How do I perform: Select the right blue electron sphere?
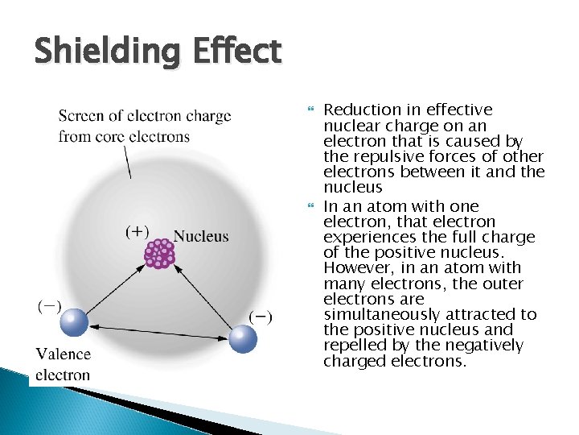pyautogui.click(x=242, y=338)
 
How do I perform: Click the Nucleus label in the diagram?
pyautogui.click(x=201, y=236)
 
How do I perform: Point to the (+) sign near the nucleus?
pyautogui.click(x=138, y=232)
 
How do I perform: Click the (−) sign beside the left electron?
pyautogui.click(x=49, y=307)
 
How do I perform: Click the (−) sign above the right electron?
pyautogui.click(x=260, y=317)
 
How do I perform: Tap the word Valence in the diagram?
pyautogui.click(x=64, y=354)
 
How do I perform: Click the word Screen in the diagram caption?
pyautogui.click(x=80, y=116)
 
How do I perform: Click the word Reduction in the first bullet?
pyautogui.click(x=360, y=110)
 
